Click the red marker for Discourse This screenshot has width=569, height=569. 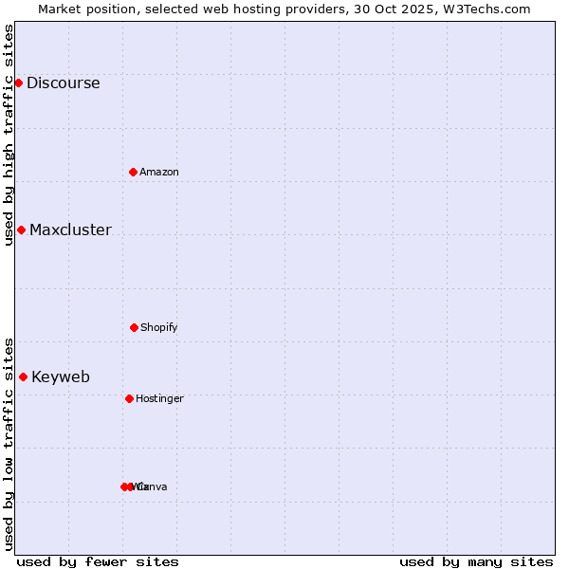tap(18, 83)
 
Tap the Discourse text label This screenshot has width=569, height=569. tap(63, 83)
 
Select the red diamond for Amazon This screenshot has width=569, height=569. tap(133, 172)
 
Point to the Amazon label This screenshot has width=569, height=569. tap(158, 172)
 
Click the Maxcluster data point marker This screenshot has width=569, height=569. tap(21, 229)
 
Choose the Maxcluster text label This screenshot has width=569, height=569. tap(70, 229)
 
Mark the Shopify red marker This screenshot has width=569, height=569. tap(134, 327)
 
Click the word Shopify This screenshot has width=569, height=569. tap(158, 327)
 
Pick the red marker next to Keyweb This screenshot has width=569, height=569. tap(23, 376)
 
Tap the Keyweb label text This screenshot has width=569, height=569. tap(61, 376)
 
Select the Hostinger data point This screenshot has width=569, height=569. tap(129, 398)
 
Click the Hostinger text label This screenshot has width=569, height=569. tap(159, 398)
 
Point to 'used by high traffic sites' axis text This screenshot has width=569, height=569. tap(9, 134)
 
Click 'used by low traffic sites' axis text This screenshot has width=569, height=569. tap(9, 443)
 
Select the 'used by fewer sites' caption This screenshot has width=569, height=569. tap(98, 561)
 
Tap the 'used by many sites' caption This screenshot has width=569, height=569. tap(476, 561)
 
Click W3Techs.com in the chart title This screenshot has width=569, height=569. tap(488, 9)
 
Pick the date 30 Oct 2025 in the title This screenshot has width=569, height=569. tap(405, 9)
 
